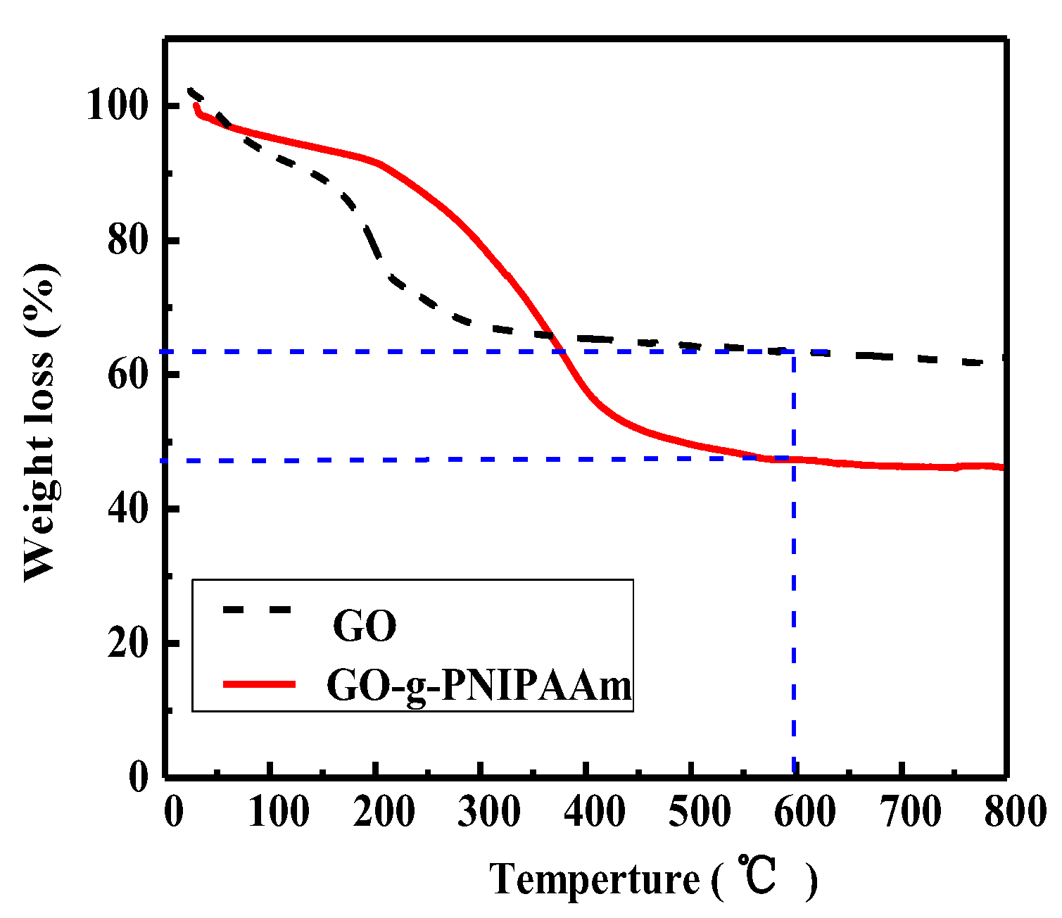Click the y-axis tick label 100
[118, 107]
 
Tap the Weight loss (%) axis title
[40, 422]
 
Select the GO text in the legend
[365, 625]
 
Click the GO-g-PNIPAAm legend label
[479, 686]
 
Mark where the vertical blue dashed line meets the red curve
[794, 459]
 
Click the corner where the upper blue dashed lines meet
[794, 351]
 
